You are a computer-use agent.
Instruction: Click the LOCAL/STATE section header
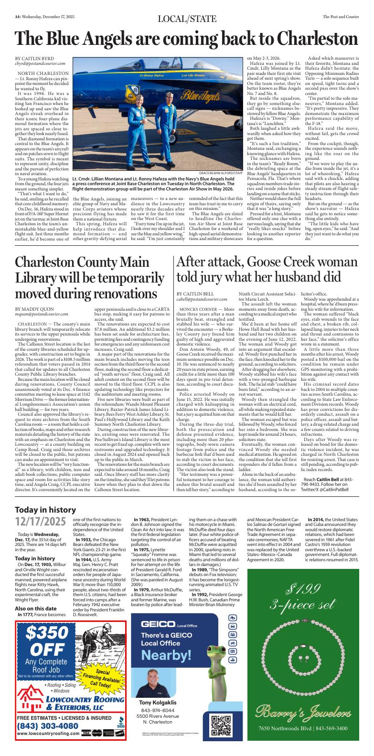point(187,19)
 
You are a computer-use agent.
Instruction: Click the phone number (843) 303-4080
point(48,725)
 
